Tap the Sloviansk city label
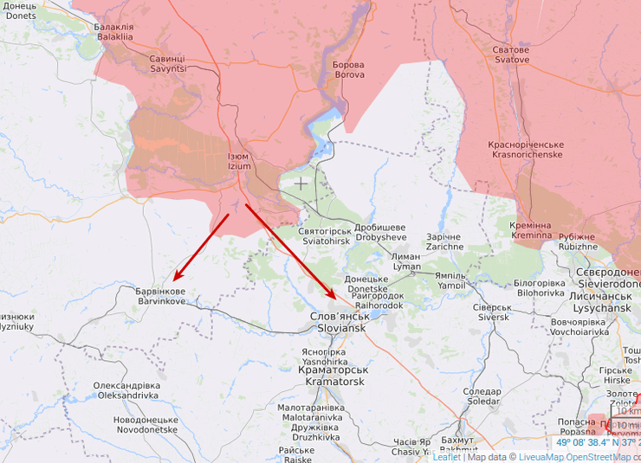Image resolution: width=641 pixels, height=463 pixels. coord(340,323)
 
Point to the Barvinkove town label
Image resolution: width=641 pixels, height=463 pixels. coord(160,297)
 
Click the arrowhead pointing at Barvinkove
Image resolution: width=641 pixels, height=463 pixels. coord(176,278)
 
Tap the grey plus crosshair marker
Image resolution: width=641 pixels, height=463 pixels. coord(301,183)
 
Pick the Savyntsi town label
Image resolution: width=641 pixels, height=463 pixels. coord(167,63)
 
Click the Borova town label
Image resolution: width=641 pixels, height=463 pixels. coord(349,69)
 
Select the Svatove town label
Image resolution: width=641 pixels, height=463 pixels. coord(512,55)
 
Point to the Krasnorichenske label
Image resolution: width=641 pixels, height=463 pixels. coord(526,149)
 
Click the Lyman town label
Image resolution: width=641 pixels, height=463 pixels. coord(405,261)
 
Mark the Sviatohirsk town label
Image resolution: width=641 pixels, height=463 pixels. coord(324,236)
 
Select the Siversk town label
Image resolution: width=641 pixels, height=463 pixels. coord(491,312)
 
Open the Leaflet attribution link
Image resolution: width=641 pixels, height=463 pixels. coord(447,457)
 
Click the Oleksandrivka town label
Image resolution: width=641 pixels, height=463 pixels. coord(127,389)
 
